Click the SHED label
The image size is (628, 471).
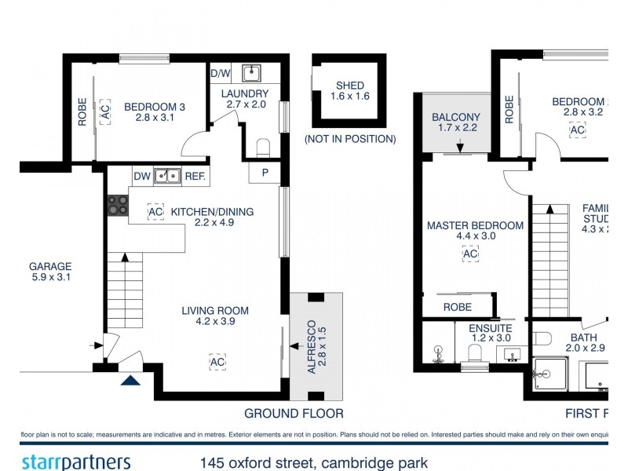point(349,86)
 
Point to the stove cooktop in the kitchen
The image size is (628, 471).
point(118,205)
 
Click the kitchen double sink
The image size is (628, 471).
point(167,176)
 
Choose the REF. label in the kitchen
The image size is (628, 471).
point(195,177)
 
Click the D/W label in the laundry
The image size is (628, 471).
point(221,73)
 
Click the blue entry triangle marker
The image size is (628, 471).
point(130,382)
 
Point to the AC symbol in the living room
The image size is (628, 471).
point(217,363)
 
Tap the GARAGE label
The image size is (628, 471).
point(51,266)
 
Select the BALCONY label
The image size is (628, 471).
point(458,117)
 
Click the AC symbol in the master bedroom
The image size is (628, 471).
point(470,254)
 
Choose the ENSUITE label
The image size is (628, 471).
point(491,328)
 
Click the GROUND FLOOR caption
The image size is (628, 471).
point(294,413)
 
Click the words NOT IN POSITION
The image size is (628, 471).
point(350,139)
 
